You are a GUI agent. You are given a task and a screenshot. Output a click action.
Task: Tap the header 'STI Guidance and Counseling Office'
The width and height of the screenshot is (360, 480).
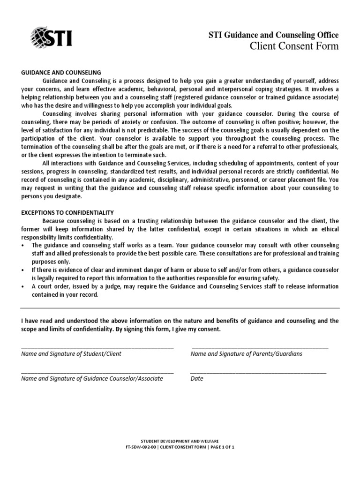click(x=273, y=35)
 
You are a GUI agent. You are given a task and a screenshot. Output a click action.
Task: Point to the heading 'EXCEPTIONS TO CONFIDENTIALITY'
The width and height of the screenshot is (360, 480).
click(x=67, y=212)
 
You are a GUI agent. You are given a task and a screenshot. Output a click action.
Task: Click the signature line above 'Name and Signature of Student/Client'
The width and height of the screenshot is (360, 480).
click(x=97, y=348)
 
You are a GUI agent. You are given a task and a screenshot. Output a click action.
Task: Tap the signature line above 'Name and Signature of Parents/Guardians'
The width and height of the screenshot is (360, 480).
click(x=260, y=348)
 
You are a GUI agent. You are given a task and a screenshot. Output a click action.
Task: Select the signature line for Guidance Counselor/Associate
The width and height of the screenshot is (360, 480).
click(x=97, y=373)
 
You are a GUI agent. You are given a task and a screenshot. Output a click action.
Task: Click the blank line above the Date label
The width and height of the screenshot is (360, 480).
click(x=258, y=373)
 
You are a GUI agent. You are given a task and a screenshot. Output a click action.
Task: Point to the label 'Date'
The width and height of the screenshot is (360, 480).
click(x=197, y=379)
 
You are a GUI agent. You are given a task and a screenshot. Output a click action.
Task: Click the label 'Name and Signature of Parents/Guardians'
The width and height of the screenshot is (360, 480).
click(x=246, y=354)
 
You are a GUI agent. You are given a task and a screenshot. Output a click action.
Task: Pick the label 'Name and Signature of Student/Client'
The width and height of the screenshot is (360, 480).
click(x=71, y=354)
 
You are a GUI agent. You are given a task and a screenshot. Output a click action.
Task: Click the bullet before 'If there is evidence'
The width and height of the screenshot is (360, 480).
click(x=23, y=270)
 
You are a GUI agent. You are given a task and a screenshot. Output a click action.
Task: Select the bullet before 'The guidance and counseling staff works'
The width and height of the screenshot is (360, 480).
click(x=23, y=246)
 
